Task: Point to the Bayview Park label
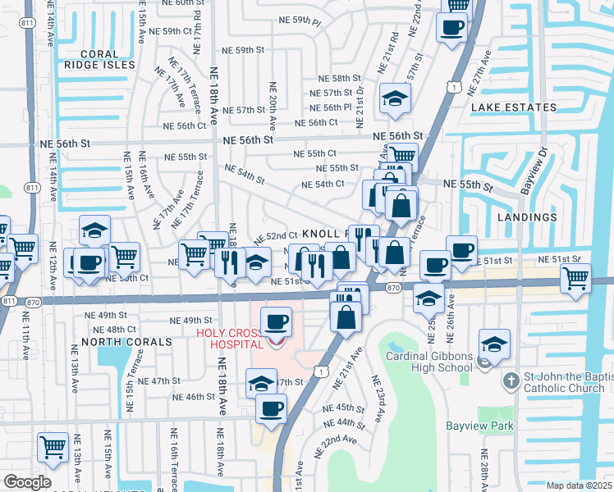click(x=479, y=426)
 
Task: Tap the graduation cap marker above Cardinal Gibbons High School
click(x=494, y=344)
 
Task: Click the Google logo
click(x=27, y=482)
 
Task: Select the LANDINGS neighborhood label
click(x=526, y=217)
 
